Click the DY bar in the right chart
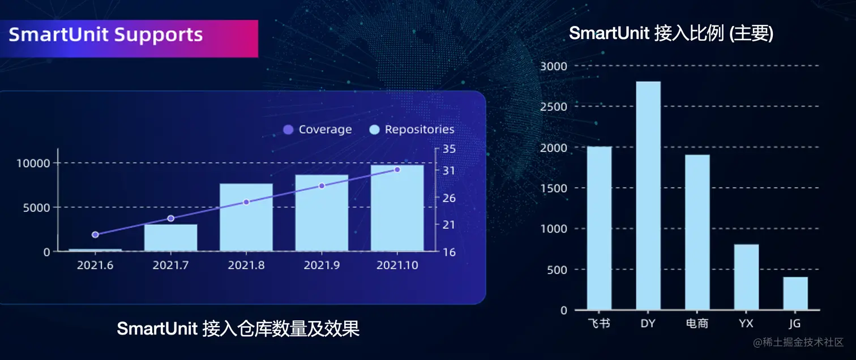648,196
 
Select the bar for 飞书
599,228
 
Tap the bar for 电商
697,232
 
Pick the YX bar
746,277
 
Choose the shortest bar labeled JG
795,293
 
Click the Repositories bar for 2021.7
170,238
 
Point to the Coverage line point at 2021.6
95,234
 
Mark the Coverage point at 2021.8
246,202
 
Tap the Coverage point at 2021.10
397,169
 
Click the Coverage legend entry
318,130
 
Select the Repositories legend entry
412,130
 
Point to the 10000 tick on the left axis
35,163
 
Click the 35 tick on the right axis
449,149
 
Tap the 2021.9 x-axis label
322,265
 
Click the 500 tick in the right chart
557,269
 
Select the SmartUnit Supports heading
106,35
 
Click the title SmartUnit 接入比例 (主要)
671,33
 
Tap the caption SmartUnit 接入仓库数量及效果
238,329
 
